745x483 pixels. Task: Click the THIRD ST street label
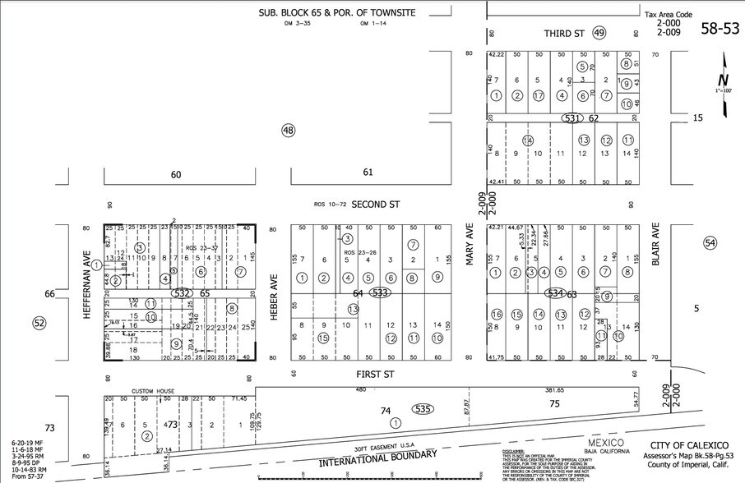563,34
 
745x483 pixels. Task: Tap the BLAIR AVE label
655,247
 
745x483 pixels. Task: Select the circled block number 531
574,118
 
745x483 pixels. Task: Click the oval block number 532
182,292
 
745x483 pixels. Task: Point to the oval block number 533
379,292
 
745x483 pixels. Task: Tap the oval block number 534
555,292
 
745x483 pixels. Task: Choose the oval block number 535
423,408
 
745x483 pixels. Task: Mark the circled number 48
288,130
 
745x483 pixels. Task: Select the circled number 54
710,242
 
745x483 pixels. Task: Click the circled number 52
39,323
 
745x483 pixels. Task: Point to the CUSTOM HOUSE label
155,391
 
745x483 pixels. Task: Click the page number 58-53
720,30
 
